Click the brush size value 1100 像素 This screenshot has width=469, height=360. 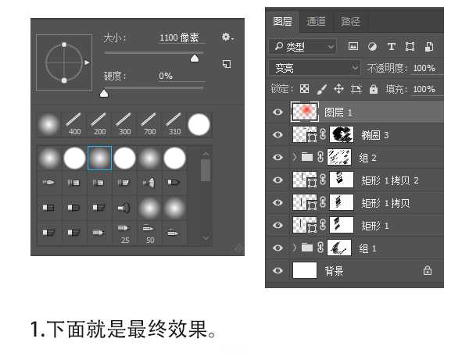(x=179, y=37)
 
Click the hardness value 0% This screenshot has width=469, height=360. (x=166, y=76)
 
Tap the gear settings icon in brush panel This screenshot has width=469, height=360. (x=227, y=37)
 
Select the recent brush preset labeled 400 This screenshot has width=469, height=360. (x=74, y=123)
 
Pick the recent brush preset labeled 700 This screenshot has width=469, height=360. (x=149, y=123)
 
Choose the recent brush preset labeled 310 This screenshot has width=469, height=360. (x=174, y=123)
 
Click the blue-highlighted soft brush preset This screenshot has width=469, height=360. (x=99, y=159)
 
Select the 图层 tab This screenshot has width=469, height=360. (x=282, y=21)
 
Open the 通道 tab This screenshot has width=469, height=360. (x=316, y=21)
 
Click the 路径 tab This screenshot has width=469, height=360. (x=350, y=21)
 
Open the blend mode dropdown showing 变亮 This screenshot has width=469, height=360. (x=314, y=68)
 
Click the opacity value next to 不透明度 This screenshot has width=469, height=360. (x=424, y=68)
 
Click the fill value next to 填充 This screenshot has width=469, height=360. (x=424, y=89)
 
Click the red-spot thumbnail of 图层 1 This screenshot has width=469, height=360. (x=304, y=112)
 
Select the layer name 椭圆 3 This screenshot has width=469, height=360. (x=374, y=134)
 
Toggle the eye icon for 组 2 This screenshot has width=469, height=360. (x=277, y=157)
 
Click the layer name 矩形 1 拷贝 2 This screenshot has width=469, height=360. (x=390, y=180)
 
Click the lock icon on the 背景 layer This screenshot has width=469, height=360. (x=427, y=271)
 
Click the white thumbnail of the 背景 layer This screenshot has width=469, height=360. (x=304, y=270)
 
